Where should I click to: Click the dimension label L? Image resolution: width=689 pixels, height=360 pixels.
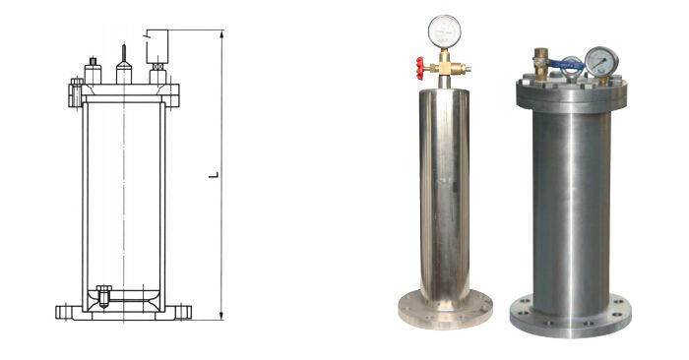[x=214, y=175]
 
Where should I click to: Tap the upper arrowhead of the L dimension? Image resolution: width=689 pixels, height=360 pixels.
[x=221, y=33]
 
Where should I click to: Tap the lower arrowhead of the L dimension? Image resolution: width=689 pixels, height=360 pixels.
[x=221, y=316]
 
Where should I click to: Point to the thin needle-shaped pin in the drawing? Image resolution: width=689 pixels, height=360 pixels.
[x=124, y=53]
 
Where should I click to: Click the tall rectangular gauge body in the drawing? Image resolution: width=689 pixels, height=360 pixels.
[x=157, y=46]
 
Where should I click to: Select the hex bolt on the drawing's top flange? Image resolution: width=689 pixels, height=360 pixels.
[x=76, y=92]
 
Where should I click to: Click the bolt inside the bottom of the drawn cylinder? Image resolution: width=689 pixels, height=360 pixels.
[x=103, y=296]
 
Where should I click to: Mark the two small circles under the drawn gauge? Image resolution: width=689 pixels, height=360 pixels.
[x=157, y=67]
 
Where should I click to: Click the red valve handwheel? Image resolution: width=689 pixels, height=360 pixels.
[x=420, y=68]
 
